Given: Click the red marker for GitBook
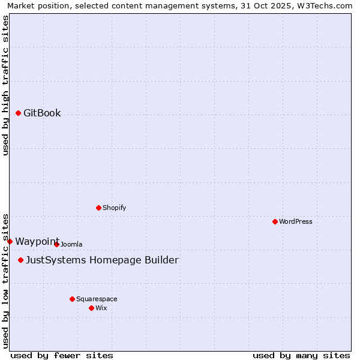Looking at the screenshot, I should pos(18,113).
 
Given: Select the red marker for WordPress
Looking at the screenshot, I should pos(275,221).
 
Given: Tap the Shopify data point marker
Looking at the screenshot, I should pos(98,208).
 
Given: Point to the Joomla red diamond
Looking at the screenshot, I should pos(56,244).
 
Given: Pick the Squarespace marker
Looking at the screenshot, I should pos(72,299).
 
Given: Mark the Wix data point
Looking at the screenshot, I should pos(91,308).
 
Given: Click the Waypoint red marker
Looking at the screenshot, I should pos(10,241).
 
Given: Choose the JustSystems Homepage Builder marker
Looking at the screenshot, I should pos(20,260).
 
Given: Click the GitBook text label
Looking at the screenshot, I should pos(42,113).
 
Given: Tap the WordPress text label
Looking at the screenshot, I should pos(296,221).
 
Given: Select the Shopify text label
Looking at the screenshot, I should pos(115,208).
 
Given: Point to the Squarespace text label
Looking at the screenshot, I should pos(97,299).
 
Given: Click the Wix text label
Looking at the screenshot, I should pos(101,308).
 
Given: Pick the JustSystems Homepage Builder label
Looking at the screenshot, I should pos(102,260).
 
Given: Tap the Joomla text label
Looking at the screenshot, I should pos(71,244).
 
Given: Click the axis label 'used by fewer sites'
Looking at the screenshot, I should pos(62,355).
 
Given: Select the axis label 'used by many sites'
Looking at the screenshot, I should pos(301,355).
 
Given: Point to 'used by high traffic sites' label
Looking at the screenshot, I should pos(5,85).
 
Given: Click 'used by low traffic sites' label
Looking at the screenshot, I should pos(5,280).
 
